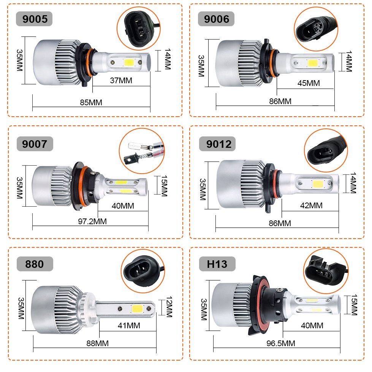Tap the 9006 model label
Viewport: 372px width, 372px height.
pos(216,19)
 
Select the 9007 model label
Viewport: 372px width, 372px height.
pos(35,144)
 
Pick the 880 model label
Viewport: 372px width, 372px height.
pos(35,264)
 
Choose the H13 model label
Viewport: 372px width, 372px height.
pos(217,264)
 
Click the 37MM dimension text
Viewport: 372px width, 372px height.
pos(121,81)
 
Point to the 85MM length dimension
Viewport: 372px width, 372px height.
pos(91,103)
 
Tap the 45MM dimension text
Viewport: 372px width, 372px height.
pos(309,83)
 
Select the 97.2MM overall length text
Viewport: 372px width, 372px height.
pos(92,222)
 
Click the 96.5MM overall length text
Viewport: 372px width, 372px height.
pos(281,343)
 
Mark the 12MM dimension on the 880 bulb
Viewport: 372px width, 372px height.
pos(169,307)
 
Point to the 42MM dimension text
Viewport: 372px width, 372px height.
pos(311,205)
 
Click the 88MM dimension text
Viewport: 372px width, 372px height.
pos(98,343)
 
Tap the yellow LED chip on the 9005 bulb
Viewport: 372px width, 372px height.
pos(129,63)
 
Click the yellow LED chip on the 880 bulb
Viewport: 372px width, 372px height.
pos(137,309)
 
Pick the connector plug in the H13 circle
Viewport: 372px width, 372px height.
pos(326,271)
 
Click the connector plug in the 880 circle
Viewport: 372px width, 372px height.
pos(142,270)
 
